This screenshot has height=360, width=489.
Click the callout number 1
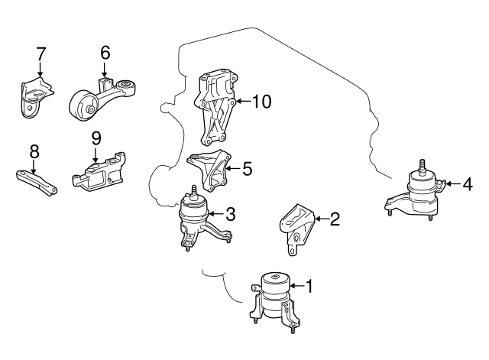click(309, 287)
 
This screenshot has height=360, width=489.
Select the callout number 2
click(334, 219)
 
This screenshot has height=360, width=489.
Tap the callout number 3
click(229, 215)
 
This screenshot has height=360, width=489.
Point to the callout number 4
click(467, 183)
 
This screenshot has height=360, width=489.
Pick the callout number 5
click(247, 167)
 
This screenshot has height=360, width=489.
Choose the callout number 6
click(105, 53)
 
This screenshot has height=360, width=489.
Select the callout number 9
click(96, 138)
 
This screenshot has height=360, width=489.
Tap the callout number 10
click(261, 102)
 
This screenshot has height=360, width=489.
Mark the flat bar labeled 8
click(37, 180)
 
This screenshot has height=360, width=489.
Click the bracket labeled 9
click(98, 173)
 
